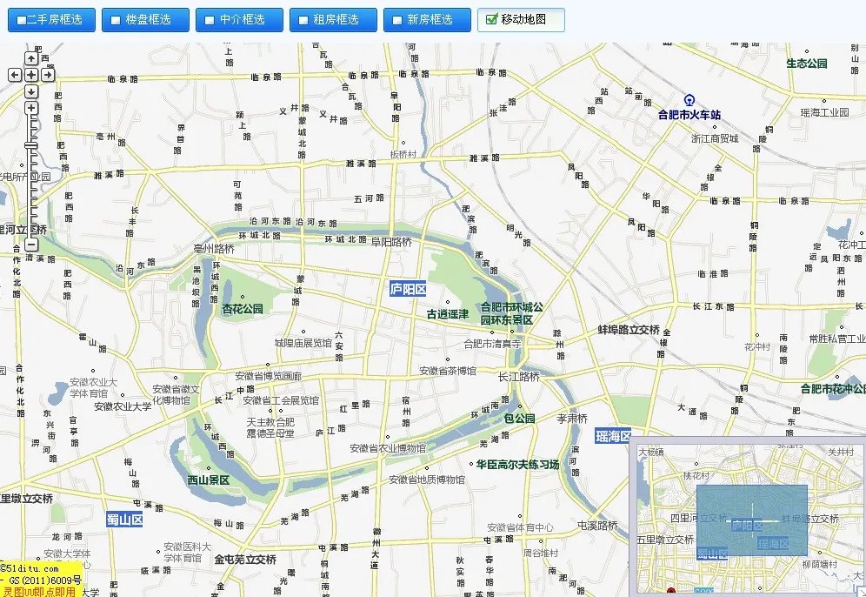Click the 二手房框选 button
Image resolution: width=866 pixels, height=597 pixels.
(50, 19)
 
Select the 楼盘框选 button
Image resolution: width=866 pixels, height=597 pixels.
(144, 19)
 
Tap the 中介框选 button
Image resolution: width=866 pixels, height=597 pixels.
(238, 19)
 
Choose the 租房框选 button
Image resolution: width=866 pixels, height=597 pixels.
(332, 19)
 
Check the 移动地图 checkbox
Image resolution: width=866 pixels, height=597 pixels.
(493, 19)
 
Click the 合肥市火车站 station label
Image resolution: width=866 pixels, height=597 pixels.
(689, 114)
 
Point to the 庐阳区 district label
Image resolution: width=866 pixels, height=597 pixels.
(407, 289)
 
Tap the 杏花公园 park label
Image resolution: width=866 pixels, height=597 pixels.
(243, 309)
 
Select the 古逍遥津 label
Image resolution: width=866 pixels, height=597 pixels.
(447, 314)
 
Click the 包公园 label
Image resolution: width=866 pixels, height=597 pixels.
(519, 419)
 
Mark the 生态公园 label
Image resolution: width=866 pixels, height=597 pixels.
(806, 64)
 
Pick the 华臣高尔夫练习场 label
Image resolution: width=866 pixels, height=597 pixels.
(517, 465)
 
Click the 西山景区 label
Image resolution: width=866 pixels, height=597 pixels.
(209, 480)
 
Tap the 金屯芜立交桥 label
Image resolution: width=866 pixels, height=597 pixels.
(245, 560)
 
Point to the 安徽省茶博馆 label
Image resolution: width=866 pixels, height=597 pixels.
(449, 371)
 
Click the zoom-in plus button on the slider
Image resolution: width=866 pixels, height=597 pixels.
(31, 108)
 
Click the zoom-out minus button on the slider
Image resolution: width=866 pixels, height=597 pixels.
(31, 245)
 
